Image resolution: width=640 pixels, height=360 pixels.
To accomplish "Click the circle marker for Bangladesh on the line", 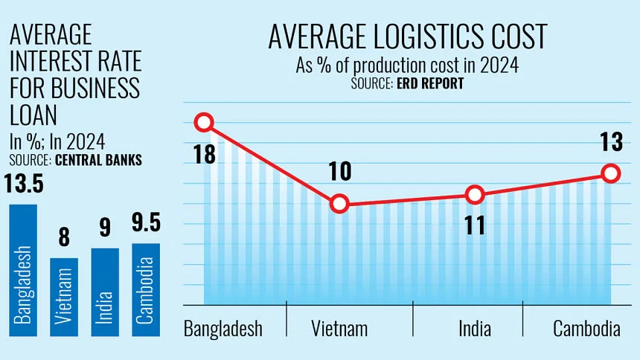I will click(204, 123).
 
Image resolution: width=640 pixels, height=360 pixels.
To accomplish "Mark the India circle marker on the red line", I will click(473, 195).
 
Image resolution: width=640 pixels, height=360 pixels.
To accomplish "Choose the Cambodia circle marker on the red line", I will click(610, 173).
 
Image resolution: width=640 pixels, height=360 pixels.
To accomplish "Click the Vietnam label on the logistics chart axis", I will click(340, 329).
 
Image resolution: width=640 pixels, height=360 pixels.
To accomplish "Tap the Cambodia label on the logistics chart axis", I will click(586, 329).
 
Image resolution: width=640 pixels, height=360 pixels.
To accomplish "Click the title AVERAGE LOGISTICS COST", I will click(407, 37).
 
